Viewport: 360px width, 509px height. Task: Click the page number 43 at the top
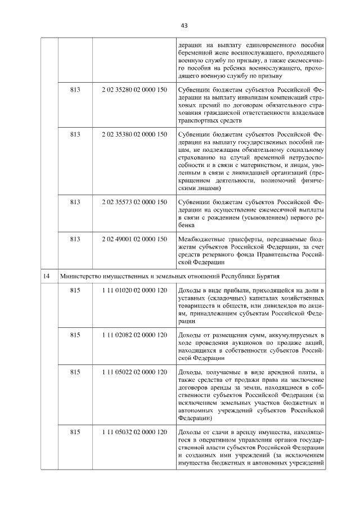click(x=184, y=25)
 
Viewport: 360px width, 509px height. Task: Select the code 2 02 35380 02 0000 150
click(x=134, y=134)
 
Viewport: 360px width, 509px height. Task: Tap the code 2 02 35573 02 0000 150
click(x=134, y=201)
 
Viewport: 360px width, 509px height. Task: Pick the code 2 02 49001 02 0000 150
click(x=134, y=239)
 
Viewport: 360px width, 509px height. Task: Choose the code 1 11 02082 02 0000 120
click(x=134, y=335)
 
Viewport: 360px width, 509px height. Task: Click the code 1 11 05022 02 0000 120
click(x=134, y=373)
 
